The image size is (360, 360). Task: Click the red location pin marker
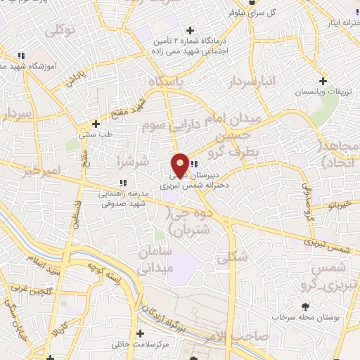pyautogui.click(x=180, y=165)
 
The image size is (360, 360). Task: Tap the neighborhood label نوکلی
pyautogui.click(x=60, y=30)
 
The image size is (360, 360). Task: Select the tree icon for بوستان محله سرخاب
pyautogui.click(x=305, y=307)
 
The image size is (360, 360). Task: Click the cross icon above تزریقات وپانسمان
pyautogui.click(x=323, y=81)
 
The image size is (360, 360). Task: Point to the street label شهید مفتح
pyautogui.click(x=126, y=108)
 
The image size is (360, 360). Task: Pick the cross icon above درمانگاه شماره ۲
pyautogui.click(x=190, y=30)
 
